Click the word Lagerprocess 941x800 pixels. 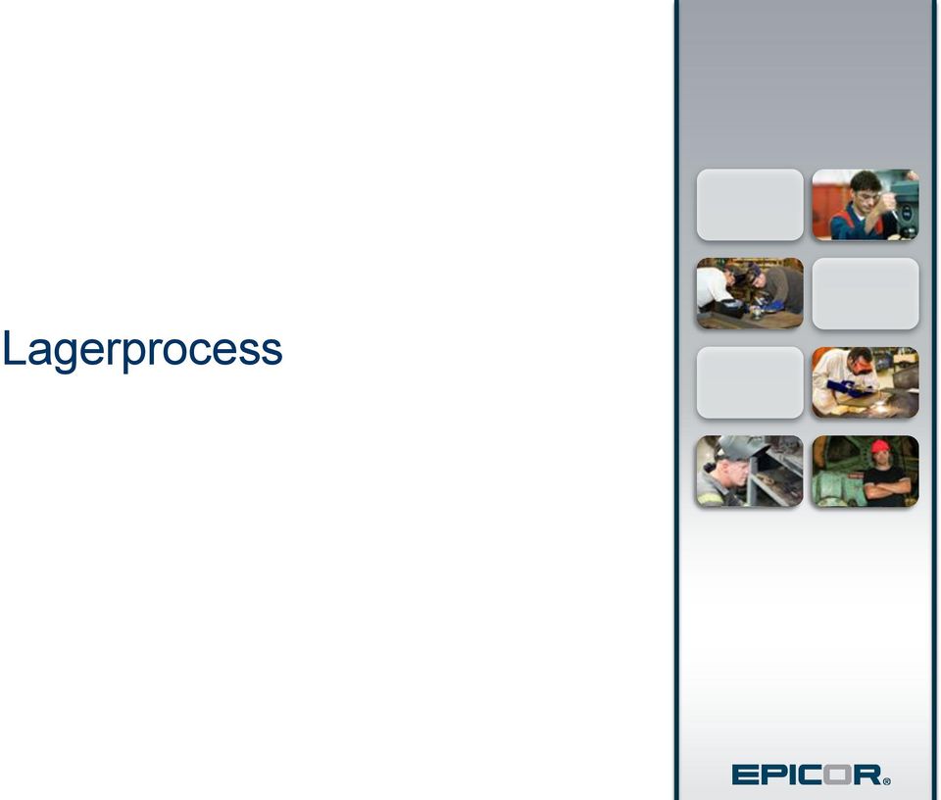click(x=142, y=349)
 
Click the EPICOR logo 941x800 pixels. click(x=811, y=775)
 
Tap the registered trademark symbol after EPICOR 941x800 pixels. click(x=887, y=780)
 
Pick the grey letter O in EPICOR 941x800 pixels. click(x=837, y=775)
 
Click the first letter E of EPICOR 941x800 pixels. click(x=745, y=775)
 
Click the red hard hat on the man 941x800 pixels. click(x=880, y=446)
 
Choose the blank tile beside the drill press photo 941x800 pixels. click(x=750, y=205)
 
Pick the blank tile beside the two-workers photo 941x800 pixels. click(x=866, y=293)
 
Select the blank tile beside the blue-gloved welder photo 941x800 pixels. click(x=750, y=382)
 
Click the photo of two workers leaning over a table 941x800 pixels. click(x=750, y=293)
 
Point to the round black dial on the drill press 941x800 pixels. click(x=907, y=213)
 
